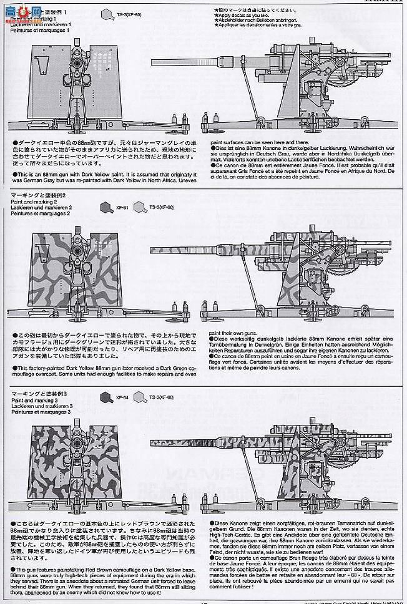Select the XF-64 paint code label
pos(120,396)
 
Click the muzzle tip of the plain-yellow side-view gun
pos(153,61)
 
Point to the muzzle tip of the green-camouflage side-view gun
pos(153,250)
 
